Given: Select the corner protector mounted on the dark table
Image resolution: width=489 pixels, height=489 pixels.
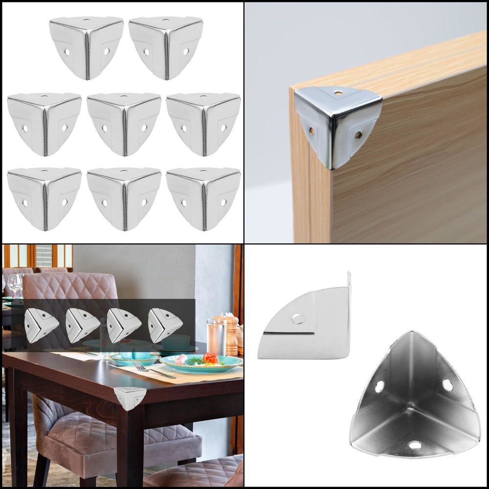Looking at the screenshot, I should (x=130, y=398).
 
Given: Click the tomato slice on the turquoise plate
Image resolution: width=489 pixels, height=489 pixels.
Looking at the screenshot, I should (x=210, y=358).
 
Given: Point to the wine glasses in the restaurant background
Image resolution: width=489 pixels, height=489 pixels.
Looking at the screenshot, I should (x=14, y=284).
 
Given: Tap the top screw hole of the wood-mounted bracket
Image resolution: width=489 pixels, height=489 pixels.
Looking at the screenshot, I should (x=338, y=92).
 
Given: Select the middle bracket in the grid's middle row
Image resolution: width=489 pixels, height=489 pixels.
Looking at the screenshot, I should (x=124, y=124).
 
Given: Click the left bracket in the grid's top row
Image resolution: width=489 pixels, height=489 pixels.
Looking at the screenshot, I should (x=86, y=47).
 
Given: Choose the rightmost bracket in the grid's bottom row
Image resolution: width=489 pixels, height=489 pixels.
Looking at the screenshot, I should (x=203, y=198).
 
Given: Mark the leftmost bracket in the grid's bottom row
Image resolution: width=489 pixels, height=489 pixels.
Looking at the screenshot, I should (x=44, y=198).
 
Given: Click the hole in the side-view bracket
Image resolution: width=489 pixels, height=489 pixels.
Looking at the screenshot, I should (x=298, y=318).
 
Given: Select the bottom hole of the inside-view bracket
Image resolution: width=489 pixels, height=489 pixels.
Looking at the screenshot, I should (x=415, y=445).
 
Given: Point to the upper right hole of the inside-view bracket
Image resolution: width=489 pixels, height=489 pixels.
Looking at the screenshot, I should (x=447, y=385).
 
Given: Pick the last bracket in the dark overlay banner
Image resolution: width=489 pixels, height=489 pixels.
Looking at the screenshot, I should (x=165, y=325).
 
